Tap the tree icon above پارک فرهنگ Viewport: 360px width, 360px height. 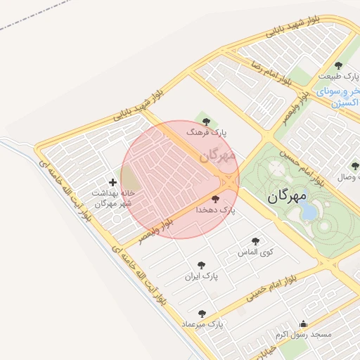pyautogui.click(x=206, y=122)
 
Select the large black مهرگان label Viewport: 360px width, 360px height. pyautogui.click(x=288, y=198)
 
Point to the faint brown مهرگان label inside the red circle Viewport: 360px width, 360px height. pyautogui.click(x=217, y=156)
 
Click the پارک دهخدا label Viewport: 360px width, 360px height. pyautogui.click(x=217, y=210)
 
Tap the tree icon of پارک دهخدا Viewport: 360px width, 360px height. pyautogui.click(x=215, y=199)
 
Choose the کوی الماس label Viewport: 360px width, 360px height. pyautogui.click(x=256, y=252)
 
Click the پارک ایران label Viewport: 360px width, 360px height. pyautogui.click(x=201, y=276)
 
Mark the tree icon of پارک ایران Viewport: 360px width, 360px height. pyautogui.click(x=202, y=266)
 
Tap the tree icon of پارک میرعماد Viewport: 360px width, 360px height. pyautogui.click(x=202, y=314)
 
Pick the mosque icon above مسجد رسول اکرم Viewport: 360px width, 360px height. pyautogui.click(x=303, y=323)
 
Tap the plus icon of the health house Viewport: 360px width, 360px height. pyautogui.click(x=112, y=182)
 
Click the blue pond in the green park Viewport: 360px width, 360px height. pyautogui.click(x=309, y=210)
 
